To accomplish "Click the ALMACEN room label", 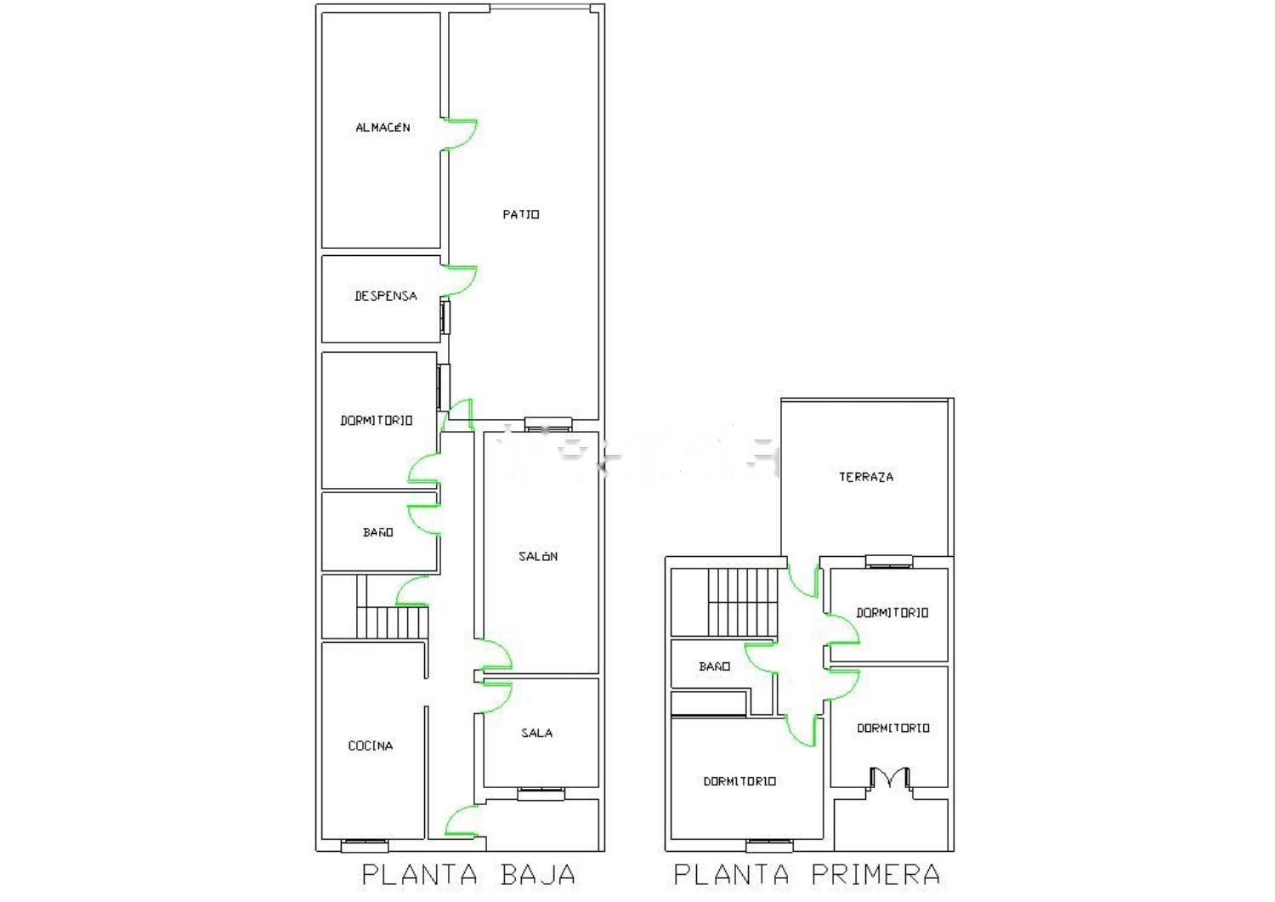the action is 382,128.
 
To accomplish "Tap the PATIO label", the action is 521,215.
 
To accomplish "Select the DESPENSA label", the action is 386,296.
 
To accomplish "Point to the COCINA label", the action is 371,746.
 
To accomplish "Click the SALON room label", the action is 538,556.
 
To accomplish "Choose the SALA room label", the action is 536,733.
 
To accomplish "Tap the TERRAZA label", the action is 866,477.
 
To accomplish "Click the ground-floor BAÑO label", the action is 378,532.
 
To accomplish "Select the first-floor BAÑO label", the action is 714,667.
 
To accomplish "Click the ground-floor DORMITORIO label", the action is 377,421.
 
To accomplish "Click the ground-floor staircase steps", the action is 392,621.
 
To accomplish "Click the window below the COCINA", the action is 365,846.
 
